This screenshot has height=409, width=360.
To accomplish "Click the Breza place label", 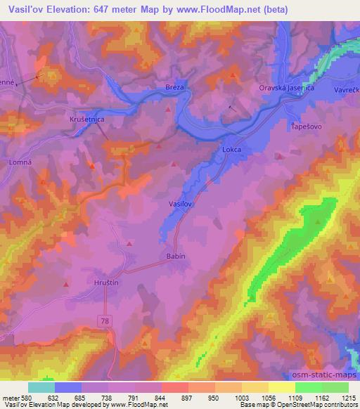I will (x=175, y=86).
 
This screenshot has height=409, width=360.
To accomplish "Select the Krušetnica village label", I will (x=87, y=120).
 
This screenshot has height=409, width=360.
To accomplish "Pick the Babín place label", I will (x=176, y=256).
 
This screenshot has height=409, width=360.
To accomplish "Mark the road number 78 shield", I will (x=105, y=320).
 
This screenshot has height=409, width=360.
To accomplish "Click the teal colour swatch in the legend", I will (x=41, y=387).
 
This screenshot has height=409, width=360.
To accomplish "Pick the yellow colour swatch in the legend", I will (x=282, y=387).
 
